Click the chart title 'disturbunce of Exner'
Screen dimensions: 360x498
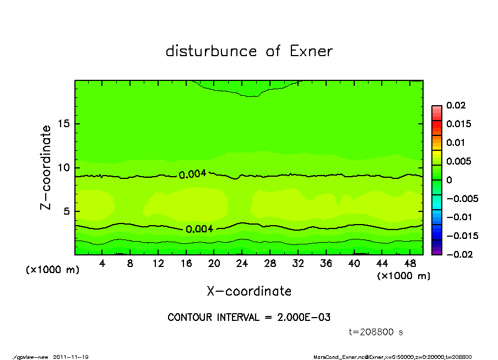click(x=249, y=51)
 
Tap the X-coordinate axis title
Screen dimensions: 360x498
click(x=249, y=291)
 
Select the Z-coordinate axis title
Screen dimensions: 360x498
click(x=46, y=167)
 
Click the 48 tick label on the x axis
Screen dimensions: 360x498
click(x=410, y=264)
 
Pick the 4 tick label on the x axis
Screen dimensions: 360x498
click(x=102, y=264)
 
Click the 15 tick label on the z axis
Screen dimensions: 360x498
click(x=63, y=124)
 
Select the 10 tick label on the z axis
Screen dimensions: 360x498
click(x=63, y=167)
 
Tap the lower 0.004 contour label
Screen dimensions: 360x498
click(x=199, y=229)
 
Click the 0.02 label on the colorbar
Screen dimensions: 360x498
click(x=456, y=106)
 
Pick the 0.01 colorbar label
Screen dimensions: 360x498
click(x=456, y=143)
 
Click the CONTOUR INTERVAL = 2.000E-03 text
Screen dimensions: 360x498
click(x=249, y=318)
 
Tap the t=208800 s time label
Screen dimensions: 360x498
click(x=377, y=332)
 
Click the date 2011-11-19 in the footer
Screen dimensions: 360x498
click(x=71, y=357)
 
